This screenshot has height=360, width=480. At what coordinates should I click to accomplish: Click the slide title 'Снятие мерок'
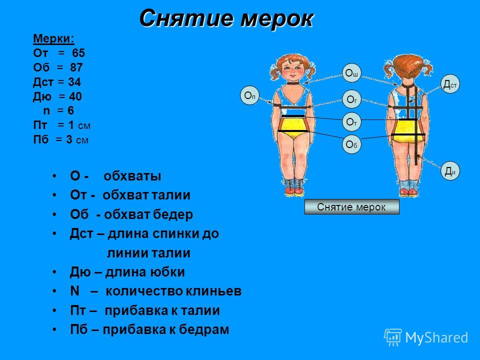tap(226, 18)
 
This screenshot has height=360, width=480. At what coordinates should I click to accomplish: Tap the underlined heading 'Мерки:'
tap(54, 39)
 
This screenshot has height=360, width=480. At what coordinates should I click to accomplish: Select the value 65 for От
tap(78, 53)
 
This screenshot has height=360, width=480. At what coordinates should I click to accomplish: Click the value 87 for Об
tap(76, 67)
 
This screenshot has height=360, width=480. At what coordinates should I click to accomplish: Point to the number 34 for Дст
tap(74, 82)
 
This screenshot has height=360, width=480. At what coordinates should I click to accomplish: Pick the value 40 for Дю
tap(75, 96)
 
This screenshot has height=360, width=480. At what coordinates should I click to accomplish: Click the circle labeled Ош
tap(351, 73)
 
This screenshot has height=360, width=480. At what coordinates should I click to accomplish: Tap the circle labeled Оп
tap(250, 95)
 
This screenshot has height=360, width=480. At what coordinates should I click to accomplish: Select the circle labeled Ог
tap(351, 99)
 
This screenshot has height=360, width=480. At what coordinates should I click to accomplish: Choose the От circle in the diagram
tap(351, 122)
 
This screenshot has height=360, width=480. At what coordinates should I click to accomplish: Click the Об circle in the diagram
tap(351, 144)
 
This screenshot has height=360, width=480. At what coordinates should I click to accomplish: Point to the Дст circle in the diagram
tap(450, 84)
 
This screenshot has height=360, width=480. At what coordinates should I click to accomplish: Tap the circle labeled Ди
tap(450, 171)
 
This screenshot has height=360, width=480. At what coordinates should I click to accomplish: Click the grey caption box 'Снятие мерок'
tap(351, 207)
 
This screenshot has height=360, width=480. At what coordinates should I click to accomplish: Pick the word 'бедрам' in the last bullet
tap(204, 329)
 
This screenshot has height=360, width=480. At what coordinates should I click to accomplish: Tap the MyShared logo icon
tap(393, 337)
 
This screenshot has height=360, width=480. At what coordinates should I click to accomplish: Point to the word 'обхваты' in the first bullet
tap(132, 176)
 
